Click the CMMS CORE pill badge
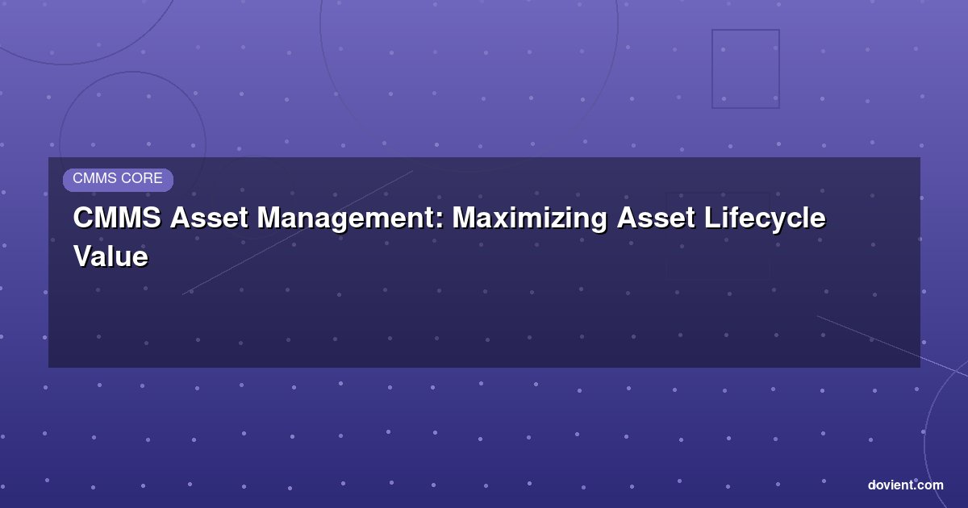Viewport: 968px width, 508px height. point(118,180)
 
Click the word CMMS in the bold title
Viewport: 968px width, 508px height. point(117,217)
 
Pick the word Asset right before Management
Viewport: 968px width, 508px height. point(209,217)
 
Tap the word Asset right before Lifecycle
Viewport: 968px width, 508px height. point(656,217)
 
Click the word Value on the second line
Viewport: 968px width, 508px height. point(111,256)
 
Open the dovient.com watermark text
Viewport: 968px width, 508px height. point(905,485)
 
